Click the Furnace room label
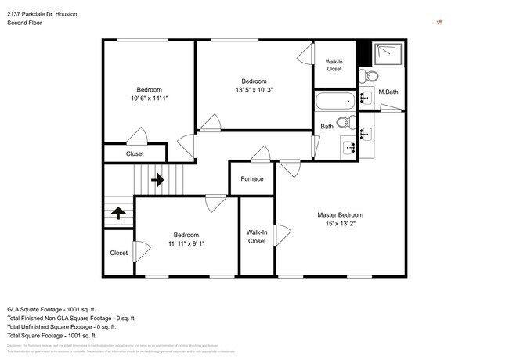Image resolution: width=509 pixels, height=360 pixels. point(251,179)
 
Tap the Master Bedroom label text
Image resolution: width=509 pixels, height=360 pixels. point(340,214)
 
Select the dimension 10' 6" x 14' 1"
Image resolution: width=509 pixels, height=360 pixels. point(149,98)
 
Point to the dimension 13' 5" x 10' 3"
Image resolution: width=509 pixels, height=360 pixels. point(254,89)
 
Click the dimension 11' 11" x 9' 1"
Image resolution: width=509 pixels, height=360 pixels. point(186,243)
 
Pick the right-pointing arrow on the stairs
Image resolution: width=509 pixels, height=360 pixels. point(157,180)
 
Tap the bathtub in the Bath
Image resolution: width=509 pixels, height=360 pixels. point(334,101)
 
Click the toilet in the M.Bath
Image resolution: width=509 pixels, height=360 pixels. point(370,77)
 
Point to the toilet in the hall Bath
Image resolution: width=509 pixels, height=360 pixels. point(348,121)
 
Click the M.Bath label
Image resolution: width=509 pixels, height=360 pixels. point(388,92)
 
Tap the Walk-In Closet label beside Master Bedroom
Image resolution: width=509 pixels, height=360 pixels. point(257,236)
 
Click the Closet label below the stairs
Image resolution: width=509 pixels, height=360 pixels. point(118,253)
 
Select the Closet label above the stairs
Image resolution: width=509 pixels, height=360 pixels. point(135,153)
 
